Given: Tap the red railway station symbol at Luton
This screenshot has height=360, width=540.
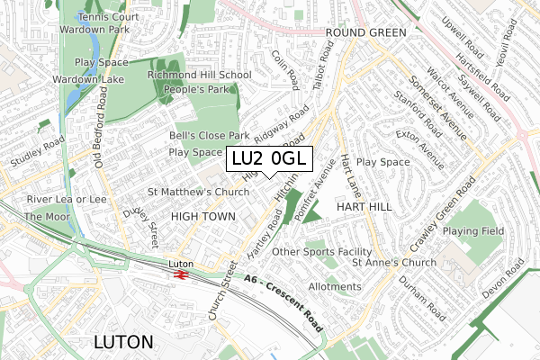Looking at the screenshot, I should coord(181,274).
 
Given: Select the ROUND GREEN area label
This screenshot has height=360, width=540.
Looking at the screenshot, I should coord(365,32).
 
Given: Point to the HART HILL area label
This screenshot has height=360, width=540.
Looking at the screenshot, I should coord(364,207).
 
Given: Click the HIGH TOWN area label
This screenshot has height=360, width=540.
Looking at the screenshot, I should coord(202,217).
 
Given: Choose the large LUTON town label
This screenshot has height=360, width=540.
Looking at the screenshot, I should coord(123,342).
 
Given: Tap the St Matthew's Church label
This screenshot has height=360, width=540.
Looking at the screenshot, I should coord(198,192).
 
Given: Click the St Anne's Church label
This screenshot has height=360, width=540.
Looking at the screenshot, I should coord(394,263).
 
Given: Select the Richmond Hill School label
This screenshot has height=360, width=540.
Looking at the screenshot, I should coord(199,76).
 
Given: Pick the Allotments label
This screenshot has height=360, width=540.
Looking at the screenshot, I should coord(334,287).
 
